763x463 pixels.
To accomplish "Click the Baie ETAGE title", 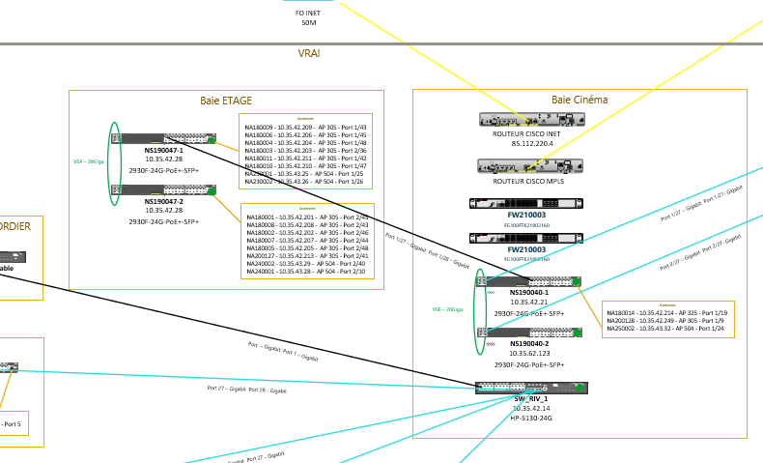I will (226, 101).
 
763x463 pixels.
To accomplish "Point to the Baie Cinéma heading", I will (579, 100).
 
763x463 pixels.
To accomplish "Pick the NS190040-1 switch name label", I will (528, 292).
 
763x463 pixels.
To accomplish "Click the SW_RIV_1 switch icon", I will (531, 388).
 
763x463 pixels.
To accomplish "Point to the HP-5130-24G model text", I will (531, 419).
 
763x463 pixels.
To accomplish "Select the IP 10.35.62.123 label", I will (529, 354).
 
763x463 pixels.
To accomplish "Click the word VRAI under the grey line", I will (309, 53).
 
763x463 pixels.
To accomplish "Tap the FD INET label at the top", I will (309, 13).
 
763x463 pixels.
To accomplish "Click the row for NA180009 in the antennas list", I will (306, 127).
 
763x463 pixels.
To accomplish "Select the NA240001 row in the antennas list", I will (306, 272).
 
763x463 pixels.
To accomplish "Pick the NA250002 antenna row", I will (666, 329).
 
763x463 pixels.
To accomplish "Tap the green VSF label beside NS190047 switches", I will (88, 161).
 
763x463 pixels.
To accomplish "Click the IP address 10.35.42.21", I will (529, 303).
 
